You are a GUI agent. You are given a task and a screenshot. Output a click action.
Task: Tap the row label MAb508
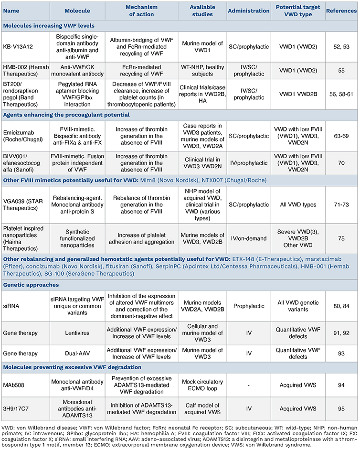click(x=15, y=383)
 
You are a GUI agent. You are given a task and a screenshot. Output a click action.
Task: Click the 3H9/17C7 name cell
click(x=18, y=408)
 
